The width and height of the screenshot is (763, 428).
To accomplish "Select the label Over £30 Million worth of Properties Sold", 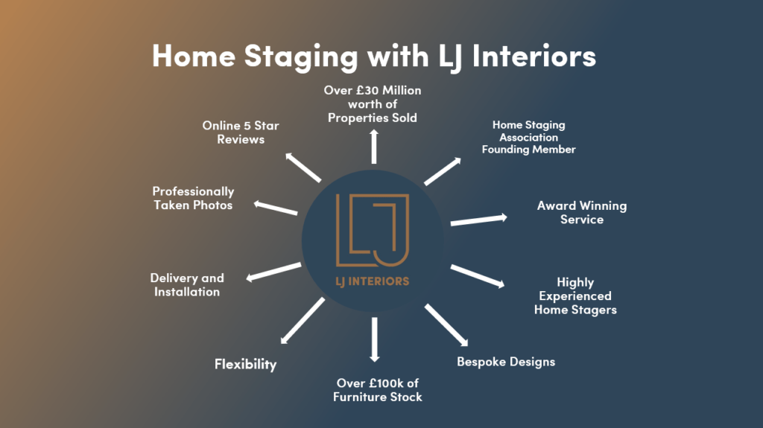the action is [x=373, y=104].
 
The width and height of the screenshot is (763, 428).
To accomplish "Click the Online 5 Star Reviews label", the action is [x=241, y=132].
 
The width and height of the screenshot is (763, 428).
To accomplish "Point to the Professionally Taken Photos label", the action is [x=193, y=199].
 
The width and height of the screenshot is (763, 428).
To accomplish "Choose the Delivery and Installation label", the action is [x=187, y=285].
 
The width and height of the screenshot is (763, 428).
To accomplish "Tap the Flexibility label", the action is [x=245, y=364].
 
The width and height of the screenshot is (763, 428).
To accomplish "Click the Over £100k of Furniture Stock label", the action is [x=378, y=390].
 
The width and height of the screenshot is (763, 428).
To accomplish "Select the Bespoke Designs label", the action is [x=506, y=362].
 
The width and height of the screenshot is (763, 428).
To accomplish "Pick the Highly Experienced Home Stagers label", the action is [x=575, y=296].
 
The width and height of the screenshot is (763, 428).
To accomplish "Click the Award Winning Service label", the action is [x=582, y=213].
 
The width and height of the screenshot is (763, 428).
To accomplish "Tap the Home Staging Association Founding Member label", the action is [x=529, y=138].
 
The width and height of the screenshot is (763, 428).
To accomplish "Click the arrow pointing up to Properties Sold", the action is [x=374, y=147].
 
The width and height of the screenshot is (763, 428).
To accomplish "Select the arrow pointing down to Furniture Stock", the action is [x=374, y=339].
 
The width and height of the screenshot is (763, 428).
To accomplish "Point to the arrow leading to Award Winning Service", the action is [x=479, y=220].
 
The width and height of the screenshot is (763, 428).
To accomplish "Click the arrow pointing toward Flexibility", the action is [x=303, y=322].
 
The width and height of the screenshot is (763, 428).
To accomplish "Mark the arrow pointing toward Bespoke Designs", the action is [x=446, y=325].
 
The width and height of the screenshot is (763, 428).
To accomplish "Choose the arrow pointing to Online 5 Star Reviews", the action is [x=303, y=167].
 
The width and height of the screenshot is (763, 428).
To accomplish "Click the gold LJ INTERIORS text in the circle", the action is [x=373, y=281].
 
